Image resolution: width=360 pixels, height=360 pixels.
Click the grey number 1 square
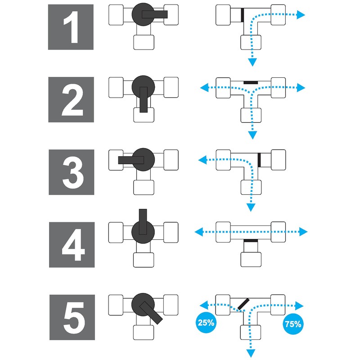(x=71, y=27)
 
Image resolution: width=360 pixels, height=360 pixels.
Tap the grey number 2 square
(x=71, y=99)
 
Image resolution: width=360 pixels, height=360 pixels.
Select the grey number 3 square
(x=72, y=172)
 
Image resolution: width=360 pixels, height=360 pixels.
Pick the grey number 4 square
(x=72, y=245)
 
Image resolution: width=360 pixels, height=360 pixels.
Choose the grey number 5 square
(x=72, y=317)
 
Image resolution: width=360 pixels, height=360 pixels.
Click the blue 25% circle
(x=206, y=323)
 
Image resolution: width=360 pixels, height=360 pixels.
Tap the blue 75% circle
(x=293, y=324)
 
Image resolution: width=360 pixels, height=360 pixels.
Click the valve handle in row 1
(x=155, y=14)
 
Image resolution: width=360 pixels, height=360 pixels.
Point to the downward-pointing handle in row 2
(x=144, y=99)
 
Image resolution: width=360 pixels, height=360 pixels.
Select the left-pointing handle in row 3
(x=131, y=160)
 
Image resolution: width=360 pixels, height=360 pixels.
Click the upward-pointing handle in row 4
(x=143, y=222)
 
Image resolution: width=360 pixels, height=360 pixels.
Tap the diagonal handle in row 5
(x=151, y=313)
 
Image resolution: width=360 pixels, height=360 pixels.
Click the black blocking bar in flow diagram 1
(x=242, y=15)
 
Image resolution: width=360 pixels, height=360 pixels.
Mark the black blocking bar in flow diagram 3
(x=259, y=160)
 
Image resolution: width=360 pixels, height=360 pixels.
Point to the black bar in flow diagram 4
(x=251, y=241)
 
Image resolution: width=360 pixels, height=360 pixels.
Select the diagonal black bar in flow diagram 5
(x=243, y=304)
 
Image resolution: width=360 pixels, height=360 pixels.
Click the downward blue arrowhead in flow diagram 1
(x=252, y=62)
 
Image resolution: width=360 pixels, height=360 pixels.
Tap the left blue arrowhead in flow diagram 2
(x=204, y=87)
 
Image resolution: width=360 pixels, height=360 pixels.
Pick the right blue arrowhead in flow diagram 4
(x=303, y=232)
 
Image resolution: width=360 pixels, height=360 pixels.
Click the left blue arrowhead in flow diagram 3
(x=202, y=160)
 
